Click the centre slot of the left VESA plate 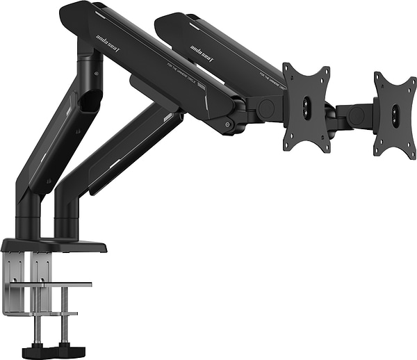pyautogui.click(x=307, y=107)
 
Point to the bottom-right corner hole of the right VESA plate pyautogui.click(x=411, y=152)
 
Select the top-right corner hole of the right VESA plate pyautogui.click(x=410, y=77)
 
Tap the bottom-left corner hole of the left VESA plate pyautogui.click(x=289, y=145)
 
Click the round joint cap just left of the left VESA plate pyautogui.click(x=265, y=108)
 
